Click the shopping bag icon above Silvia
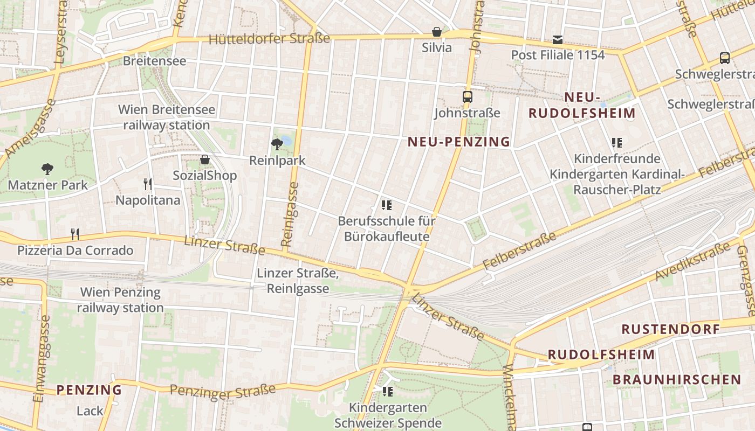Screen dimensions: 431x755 point(437,32)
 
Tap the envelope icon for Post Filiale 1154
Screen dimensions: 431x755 point(558,40)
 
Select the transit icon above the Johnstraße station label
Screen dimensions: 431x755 point(468,97)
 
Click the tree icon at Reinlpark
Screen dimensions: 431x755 point(277,144)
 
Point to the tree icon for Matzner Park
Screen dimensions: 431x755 point(47,169)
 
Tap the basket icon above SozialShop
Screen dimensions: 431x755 point(204,159)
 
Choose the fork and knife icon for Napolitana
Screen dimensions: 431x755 point(148,184)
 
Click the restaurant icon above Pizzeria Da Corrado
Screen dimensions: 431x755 point(75,234)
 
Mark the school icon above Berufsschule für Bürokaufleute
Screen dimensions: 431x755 point(386,205)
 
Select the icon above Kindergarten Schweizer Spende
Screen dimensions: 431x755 point(387,391)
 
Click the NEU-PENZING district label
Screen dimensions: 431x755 point(459,142)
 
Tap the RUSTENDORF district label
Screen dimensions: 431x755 point(670,329)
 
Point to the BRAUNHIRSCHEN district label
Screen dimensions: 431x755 point(677,379)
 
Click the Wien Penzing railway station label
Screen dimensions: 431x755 point(120,300)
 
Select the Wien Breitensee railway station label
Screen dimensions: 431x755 point(166,117)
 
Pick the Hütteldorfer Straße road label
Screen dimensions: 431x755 point(269,39)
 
